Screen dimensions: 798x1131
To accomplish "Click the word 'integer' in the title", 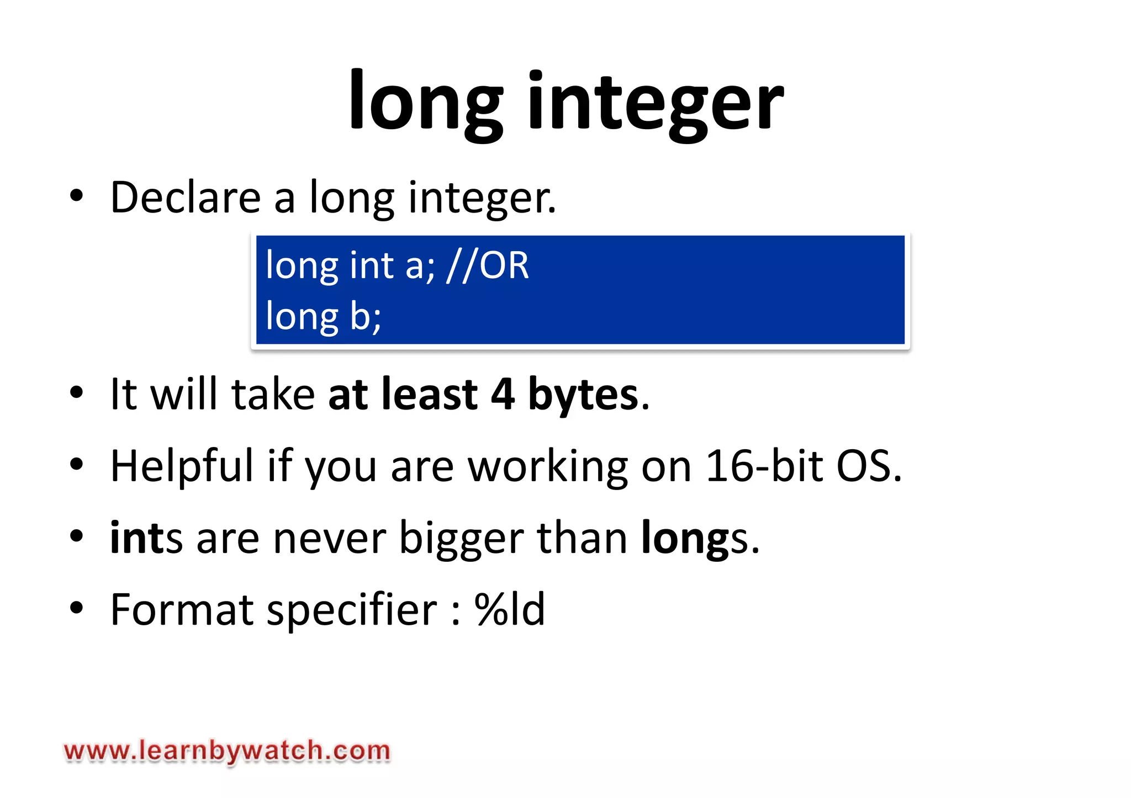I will click(x=656, y=102).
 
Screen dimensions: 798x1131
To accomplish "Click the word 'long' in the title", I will click(x=426, y=102).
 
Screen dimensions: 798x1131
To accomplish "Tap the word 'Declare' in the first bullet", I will click(x=186, y=197).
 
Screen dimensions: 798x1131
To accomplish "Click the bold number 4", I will click(x=503, y=394).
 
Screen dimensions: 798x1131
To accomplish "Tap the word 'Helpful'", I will click(x=182, y=466).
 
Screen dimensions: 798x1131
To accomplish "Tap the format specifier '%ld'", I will click(x=509, y=609).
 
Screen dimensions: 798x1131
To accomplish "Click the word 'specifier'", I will click(x=352, y=610).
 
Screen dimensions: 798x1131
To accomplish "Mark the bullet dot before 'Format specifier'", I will click(x=77, y=608).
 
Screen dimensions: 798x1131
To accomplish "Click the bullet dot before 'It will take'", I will click(x=77, y=392).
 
